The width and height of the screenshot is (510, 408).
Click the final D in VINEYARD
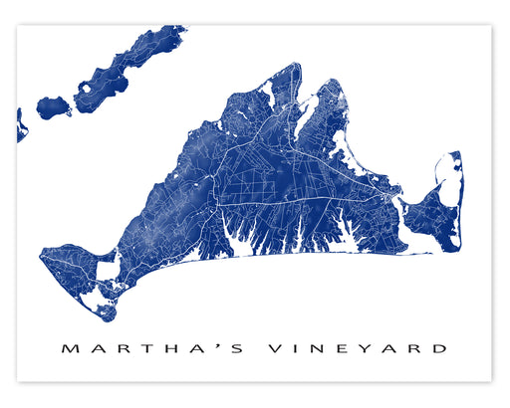(439, 348)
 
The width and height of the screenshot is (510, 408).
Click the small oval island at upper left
(52, 105)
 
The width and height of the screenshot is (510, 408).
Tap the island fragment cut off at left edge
(21, 126)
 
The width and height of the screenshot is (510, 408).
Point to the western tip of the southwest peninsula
(42, 257)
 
